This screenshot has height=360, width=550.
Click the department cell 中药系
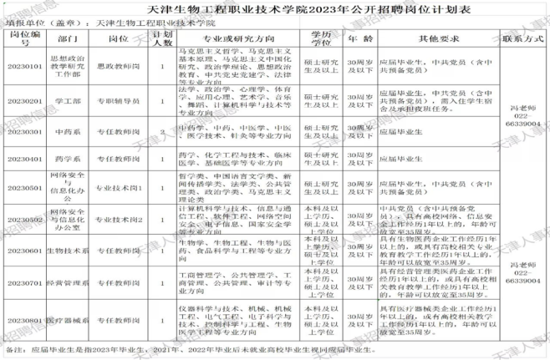pos(69,131)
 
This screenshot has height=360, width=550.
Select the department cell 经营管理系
pos(69,283)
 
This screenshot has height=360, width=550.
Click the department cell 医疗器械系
pos(69,321)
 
